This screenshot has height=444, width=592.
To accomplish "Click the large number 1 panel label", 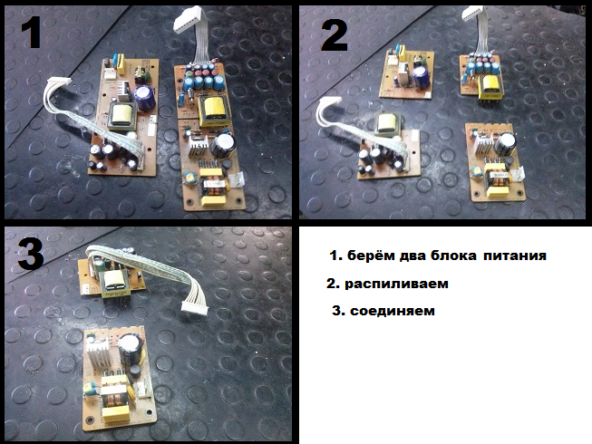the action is click(31, 34).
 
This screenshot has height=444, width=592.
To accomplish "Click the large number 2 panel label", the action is click(334, 35).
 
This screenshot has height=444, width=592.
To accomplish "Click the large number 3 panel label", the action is click(31, 255).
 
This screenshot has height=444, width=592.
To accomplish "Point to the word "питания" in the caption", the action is click(515, 256).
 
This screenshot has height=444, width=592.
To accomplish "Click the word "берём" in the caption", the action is click(372, 256).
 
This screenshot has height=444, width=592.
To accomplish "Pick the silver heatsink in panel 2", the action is click(484, 145).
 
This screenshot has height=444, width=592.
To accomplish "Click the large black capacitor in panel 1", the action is click(222, 146).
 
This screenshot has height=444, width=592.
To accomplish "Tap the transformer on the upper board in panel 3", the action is click(114, 284).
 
